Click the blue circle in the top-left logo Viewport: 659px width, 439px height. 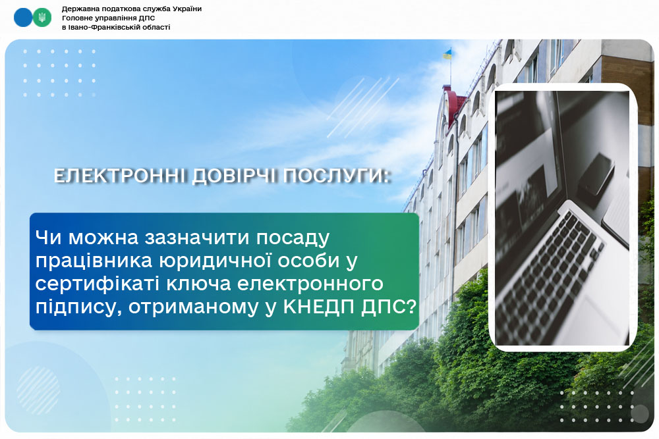point(23,18)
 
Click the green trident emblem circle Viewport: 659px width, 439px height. point(42,18)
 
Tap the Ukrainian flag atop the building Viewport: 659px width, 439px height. point(447,54)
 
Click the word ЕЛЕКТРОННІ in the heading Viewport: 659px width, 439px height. point(120,176)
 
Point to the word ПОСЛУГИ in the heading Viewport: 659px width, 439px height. point(334,176)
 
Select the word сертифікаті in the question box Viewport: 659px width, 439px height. point(98,284)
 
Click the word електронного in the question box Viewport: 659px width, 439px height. point(310,284)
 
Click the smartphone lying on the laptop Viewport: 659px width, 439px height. point(596,174)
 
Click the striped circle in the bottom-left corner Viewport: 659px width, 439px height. point(38,390)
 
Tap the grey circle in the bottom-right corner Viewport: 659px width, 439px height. point(640,414)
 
